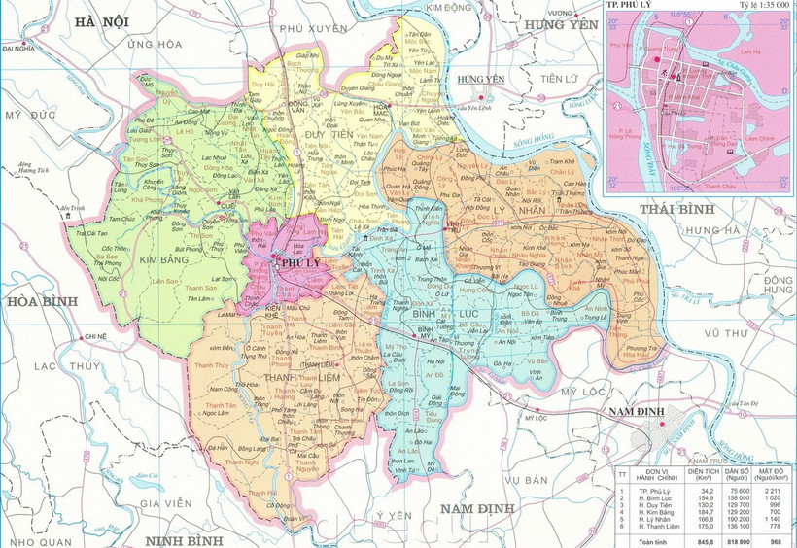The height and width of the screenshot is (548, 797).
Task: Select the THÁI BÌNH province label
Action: click(x=676, y=209)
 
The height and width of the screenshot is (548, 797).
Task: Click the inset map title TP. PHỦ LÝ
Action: click(x=629, y=6)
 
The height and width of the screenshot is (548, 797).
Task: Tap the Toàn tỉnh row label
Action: click(x=655, y=540)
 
